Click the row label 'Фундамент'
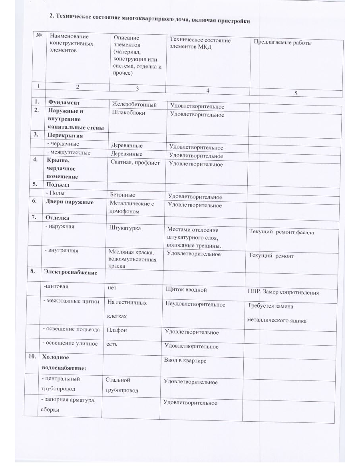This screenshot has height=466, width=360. point(62,103)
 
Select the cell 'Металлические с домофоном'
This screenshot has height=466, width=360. point(131,207)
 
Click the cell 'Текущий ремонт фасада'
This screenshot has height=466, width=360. point(281,232)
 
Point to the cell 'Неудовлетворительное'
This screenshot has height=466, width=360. point(195,305)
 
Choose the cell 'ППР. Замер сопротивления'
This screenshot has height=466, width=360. point(283,292)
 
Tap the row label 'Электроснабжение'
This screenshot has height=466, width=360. point(71,273)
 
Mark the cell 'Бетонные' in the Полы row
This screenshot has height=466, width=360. point(123,195)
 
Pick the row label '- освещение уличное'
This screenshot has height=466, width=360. point(70,343)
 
